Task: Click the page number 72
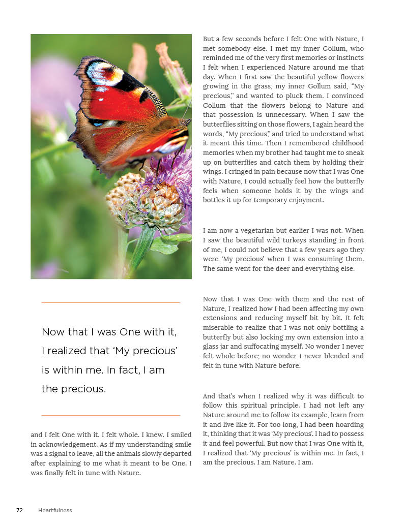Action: pos(19,510)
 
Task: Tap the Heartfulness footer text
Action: pos(55,510)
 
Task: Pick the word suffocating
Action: pos(294,347)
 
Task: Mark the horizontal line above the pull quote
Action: pos(110,303)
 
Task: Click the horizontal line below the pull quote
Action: pos(110,415)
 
